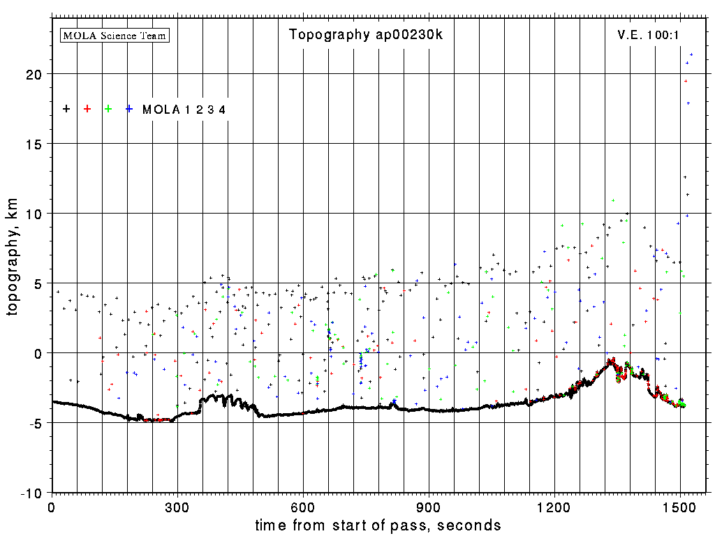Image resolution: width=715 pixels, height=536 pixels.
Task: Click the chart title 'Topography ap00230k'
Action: click(366, 35)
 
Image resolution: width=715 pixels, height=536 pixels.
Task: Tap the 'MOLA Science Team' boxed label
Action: click(115, 35)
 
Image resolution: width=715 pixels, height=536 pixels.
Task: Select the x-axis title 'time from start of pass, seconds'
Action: click(378, 525)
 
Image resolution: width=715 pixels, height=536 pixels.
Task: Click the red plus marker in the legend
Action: click(87, 109)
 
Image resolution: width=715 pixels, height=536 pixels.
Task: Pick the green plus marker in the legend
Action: click(108, 109)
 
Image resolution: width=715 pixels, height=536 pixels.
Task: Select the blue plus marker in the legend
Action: click(129, 109)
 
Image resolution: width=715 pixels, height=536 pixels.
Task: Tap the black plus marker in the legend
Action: click(66, 109)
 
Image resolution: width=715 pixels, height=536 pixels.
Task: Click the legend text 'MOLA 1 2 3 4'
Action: click(184, 110)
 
